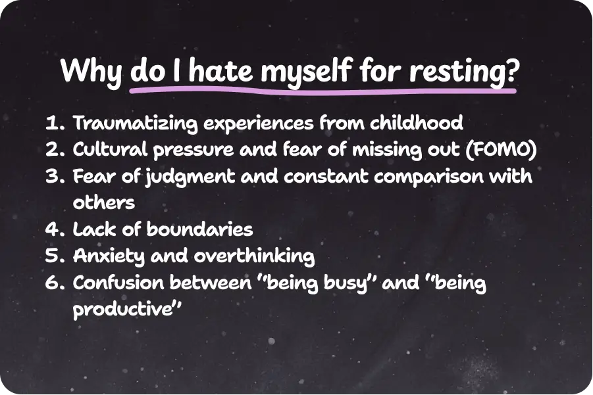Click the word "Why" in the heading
(91, 70)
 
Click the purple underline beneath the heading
(322, 91)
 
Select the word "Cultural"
(109, 151)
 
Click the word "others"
(103, 202)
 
